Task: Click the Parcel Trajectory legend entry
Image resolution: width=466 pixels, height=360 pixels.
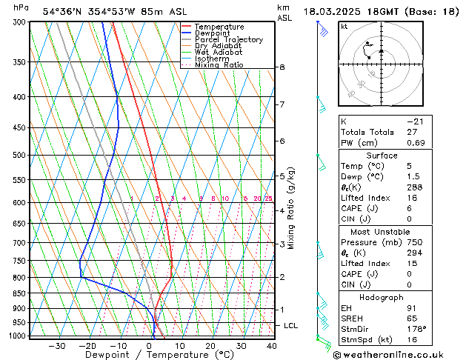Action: pyautogui.click(x=228, y=39)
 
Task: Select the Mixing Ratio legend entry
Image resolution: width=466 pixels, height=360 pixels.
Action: pyautogui.click(x=219, y=65)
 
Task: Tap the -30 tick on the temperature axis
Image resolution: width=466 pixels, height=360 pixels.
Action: pyautogui.click(x=56, y=346)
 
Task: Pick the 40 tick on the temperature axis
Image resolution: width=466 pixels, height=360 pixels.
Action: pyautogui.click(x=272, y=346)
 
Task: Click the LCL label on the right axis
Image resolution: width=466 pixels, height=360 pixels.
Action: pyautogui.click(x=291, y=325)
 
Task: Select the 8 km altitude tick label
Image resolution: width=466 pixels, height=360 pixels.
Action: pyautogui.click(x=282, y=67)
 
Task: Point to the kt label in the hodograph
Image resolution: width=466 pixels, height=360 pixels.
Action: pyautogui.click(x=344, y=26)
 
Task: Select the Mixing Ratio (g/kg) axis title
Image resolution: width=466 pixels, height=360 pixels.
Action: pyautogui.click(x=291, y=208)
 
